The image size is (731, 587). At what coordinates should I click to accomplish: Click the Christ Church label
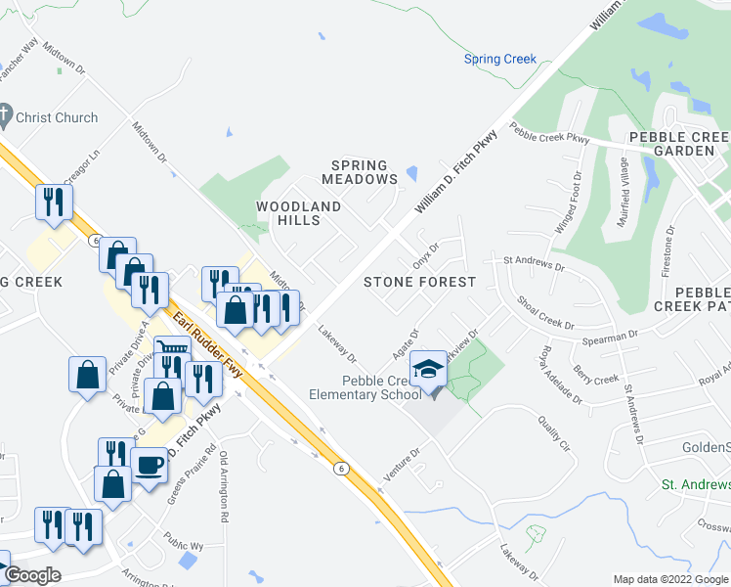(62, 117)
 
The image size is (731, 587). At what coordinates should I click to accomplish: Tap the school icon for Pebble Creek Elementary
(427, 370)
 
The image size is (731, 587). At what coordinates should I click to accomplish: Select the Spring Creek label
(500, 59)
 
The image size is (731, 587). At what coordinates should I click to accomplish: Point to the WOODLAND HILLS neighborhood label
(299, 213)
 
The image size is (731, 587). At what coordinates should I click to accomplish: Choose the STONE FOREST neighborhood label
(419, 282)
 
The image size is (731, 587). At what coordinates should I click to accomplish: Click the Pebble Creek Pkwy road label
(549, 138)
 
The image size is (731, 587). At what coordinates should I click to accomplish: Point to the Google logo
(31, 575)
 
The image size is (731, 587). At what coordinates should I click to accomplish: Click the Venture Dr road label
(402, 462)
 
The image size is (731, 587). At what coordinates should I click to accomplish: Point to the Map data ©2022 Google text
(670, 579)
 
